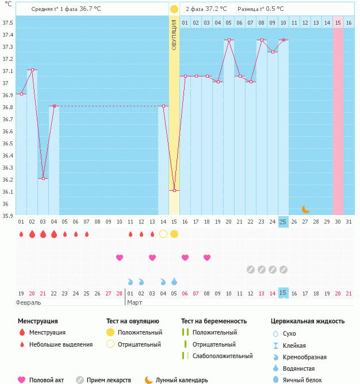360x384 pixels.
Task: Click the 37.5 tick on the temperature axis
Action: (x=7, y=23)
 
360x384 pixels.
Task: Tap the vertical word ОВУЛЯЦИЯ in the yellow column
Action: (x=174, y=34)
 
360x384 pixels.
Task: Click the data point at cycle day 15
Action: (x=174, y=190)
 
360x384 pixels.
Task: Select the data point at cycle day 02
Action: (x=32, y=70)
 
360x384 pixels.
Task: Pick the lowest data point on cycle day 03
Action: (x=43, y=178)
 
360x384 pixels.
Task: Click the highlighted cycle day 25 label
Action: (x=283, y=222)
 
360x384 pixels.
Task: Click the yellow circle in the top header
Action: (x=174, y=9)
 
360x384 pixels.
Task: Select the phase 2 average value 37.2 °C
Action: (x=216, y=9)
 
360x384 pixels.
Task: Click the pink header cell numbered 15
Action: (x=338, y=22)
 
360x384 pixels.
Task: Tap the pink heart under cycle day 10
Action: (x=120, y=258)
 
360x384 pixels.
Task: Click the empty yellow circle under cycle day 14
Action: (x=163, y=234)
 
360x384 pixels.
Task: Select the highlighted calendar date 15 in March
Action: (x=283, y=293)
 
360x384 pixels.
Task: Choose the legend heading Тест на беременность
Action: (x=214, y=321)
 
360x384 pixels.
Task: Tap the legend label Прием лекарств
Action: (x=109, y=380)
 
